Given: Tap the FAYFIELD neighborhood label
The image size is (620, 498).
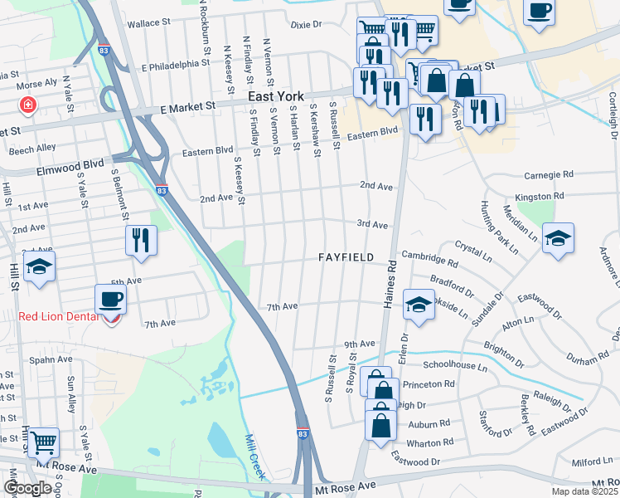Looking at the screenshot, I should tap(346, 257).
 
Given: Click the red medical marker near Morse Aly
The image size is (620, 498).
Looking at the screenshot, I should tap(28, 105).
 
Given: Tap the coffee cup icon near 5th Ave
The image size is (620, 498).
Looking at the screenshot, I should tap(110, 298).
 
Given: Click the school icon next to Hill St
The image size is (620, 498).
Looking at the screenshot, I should tap(39, 268).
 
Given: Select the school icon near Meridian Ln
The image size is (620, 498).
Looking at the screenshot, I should tap(559, 237).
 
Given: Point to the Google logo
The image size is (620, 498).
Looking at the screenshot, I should tap(27, 488).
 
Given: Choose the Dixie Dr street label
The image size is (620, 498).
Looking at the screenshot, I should tap(305, 25).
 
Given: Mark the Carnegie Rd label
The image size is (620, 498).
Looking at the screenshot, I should tap(550, 176).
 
